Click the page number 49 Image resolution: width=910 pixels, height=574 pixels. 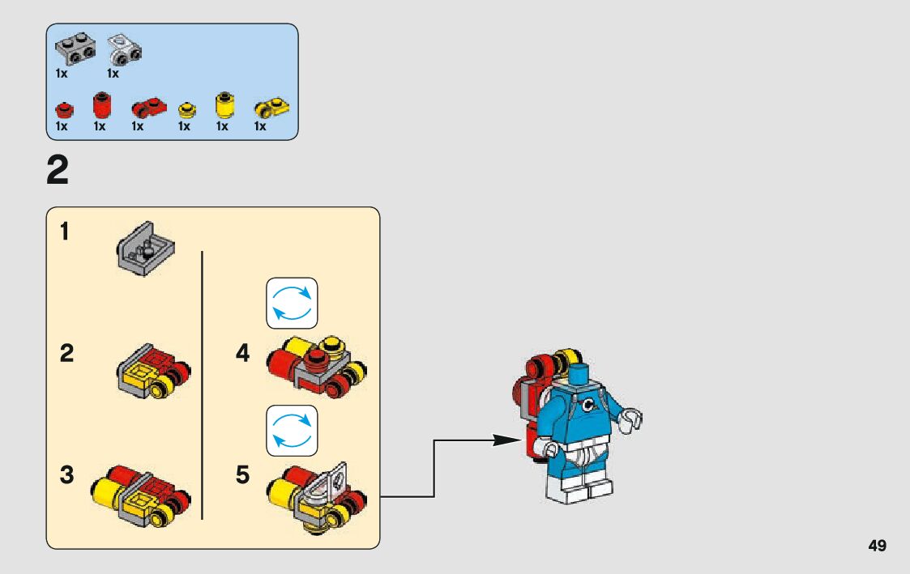[x=877, y=546]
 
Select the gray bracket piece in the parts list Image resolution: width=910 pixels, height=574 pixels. [x=75, y=49]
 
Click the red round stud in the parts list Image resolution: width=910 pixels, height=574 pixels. [x=63, y=108]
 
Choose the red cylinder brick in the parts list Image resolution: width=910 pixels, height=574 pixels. [x=101, y=105]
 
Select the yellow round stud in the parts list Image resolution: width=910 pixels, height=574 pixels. [x=187, y=109]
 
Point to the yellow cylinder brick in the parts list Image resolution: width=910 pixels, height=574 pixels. [x=224, y=106]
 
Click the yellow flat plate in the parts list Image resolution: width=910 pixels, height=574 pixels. [x=271, y=108]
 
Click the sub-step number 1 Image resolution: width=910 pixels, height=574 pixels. [x=64, y=232]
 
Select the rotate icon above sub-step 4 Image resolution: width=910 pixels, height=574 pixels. [x=292, y=303]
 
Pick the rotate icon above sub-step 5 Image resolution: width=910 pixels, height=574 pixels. [x=292, y=430]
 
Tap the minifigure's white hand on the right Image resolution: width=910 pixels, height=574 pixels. [x=632, y=419]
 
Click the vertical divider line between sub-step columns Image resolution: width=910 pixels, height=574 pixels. [x=202, y=384]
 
